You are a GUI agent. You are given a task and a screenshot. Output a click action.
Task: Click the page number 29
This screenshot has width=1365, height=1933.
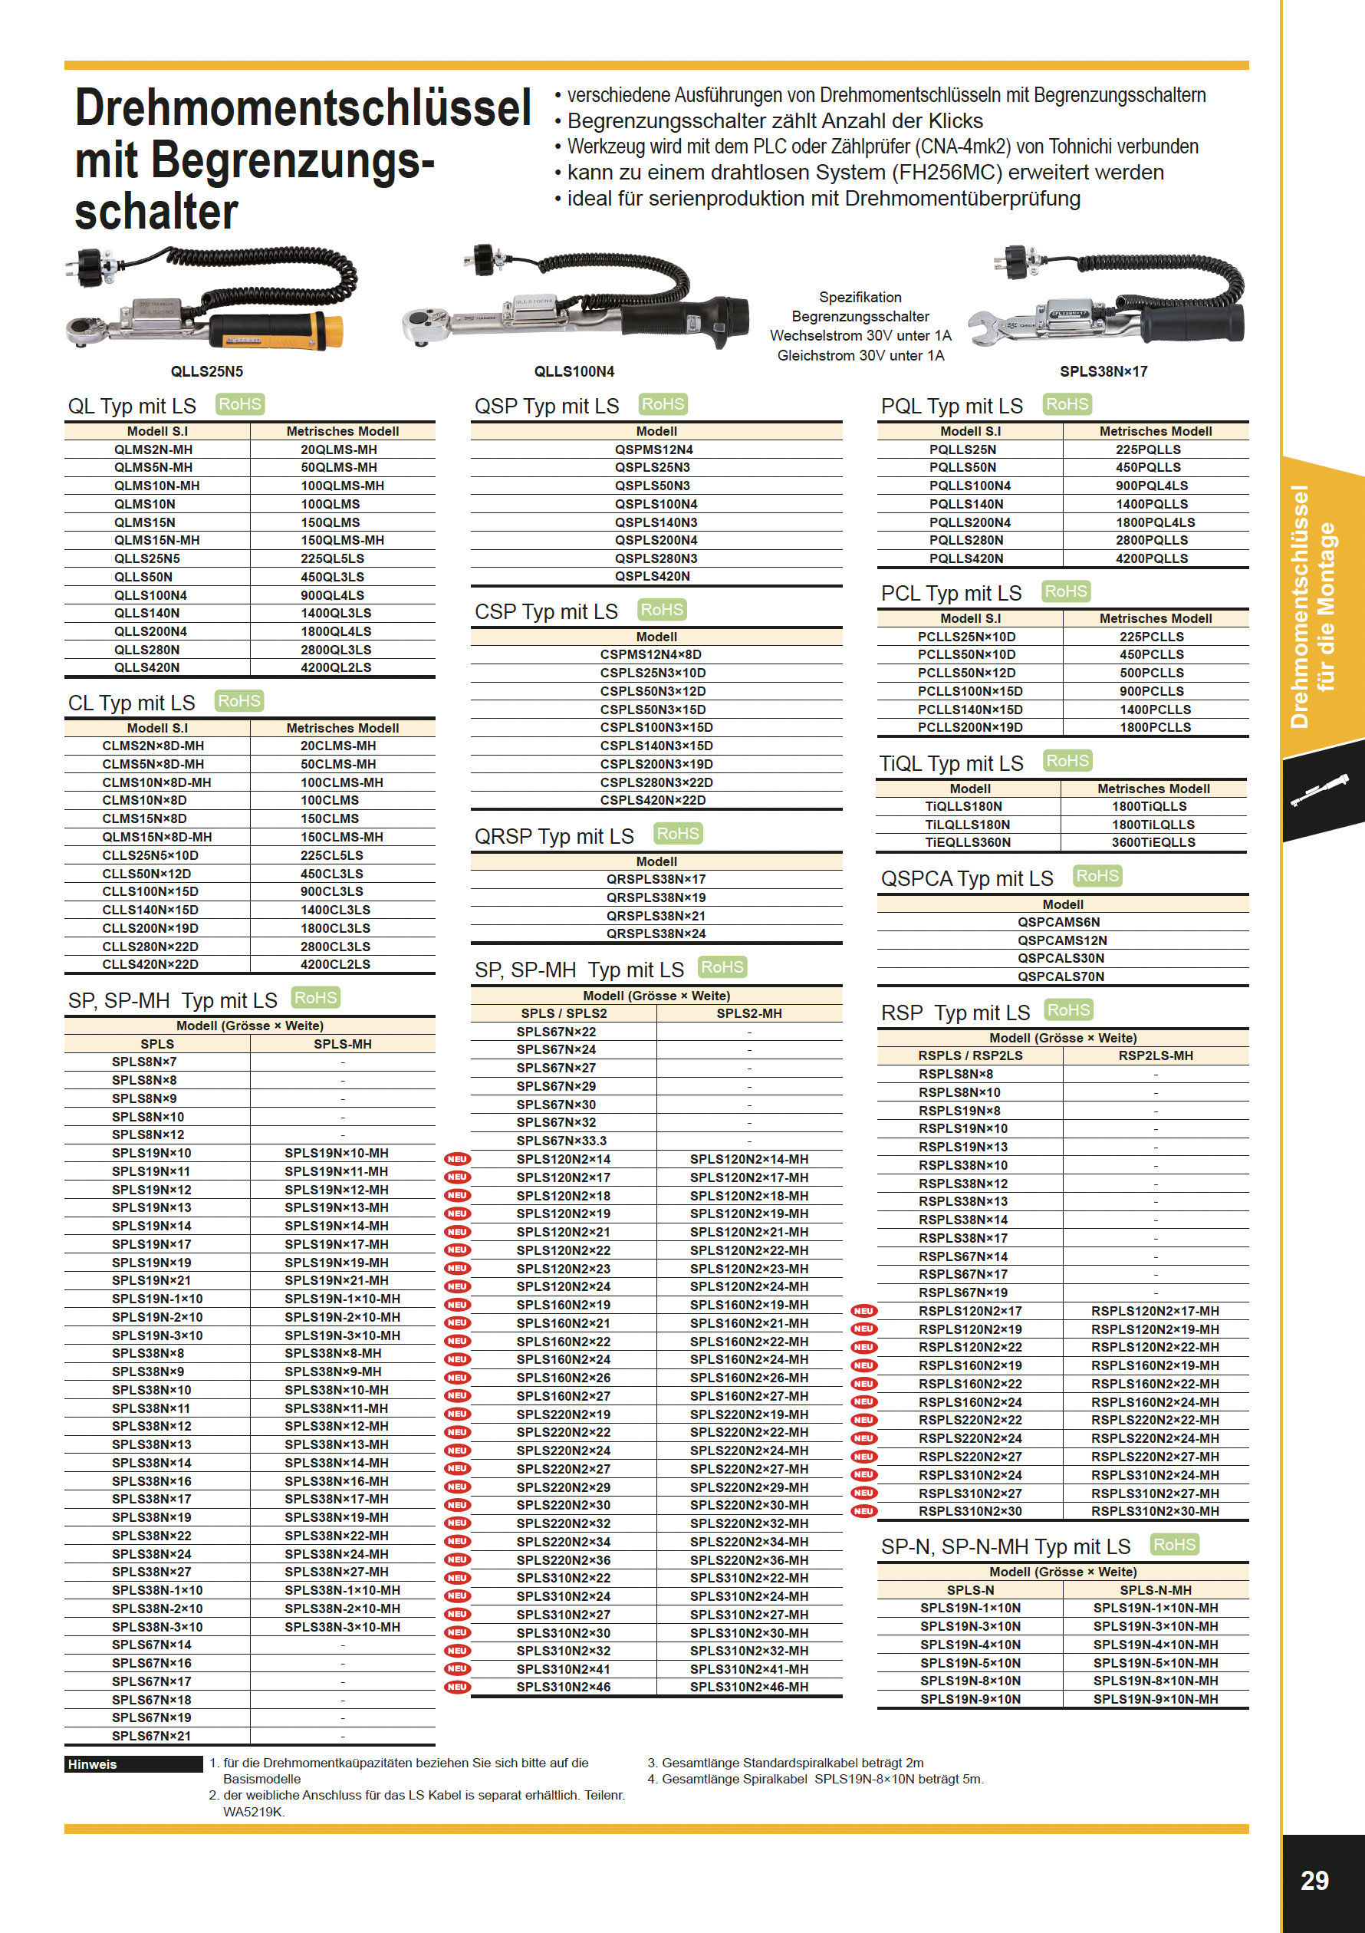[x=1314, y=1880]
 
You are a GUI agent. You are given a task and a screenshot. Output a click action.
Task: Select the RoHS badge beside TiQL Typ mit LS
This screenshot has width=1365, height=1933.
[x=1067, y=761]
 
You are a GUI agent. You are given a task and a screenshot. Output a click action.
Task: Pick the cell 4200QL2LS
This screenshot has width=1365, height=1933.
[x=336, y=667]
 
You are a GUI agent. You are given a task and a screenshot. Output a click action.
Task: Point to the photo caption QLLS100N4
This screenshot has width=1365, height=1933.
[x=574, y=371]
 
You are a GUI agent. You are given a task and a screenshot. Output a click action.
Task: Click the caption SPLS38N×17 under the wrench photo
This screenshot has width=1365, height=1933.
[x=1103, y=371]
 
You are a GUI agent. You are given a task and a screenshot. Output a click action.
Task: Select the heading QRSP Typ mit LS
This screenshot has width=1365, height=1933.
[x=554, y=836]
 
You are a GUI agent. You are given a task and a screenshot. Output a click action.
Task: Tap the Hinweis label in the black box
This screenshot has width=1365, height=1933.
[x=93, y=1763]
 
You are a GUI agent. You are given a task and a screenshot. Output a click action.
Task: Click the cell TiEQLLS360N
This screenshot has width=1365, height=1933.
[x=968, y=842]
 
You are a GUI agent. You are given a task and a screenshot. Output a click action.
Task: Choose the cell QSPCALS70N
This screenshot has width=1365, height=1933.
[x=1061, y=976]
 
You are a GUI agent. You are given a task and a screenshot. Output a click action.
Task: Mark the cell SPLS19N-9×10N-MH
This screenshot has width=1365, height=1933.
[x=1155, y=1699]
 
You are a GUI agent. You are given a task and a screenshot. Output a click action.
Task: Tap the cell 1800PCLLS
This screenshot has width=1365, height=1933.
[x=1155, y=727]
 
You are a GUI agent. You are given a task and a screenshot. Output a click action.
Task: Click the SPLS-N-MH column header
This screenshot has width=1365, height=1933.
[x=1155, y=1589]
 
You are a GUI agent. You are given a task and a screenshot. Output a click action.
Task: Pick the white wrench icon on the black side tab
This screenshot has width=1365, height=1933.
[x=1319, y=792]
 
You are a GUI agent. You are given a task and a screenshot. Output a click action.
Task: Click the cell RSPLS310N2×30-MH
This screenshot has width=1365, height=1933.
[x=1155, y=1511]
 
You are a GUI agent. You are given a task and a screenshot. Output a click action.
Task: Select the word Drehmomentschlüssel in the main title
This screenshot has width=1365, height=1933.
[x=303, y=110]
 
